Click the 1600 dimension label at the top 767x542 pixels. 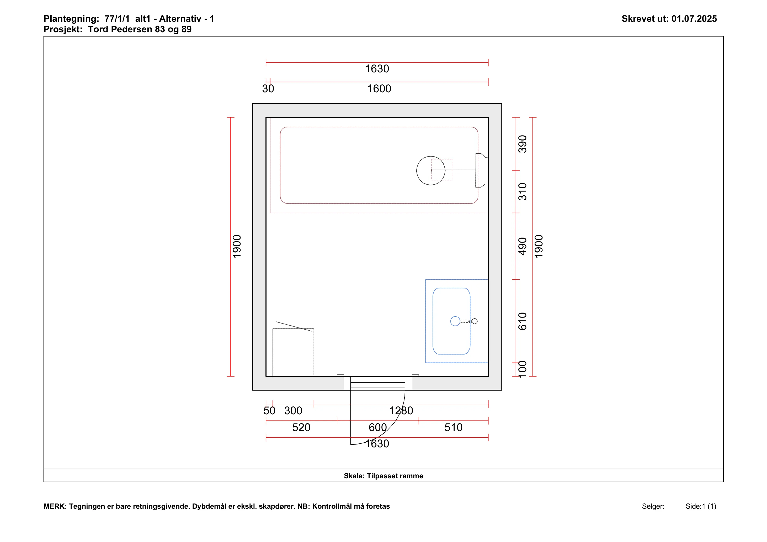(x=379, y=89)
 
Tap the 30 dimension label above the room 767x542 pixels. (x=268, y=89)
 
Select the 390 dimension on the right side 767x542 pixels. (x=523, y=144)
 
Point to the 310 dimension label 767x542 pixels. (x=523, y=192)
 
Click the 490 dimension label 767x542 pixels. (x=523, y=246)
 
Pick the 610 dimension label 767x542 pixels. (x=523, y=321)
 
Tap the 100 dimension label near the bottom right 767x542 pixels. (x=523, y=369)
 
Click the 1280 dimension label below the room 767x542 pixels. (x=401, y=411)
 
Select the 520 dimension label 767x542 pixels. (x=301, y=427)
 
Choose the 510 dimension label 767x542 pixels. (x=453, y=427)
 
